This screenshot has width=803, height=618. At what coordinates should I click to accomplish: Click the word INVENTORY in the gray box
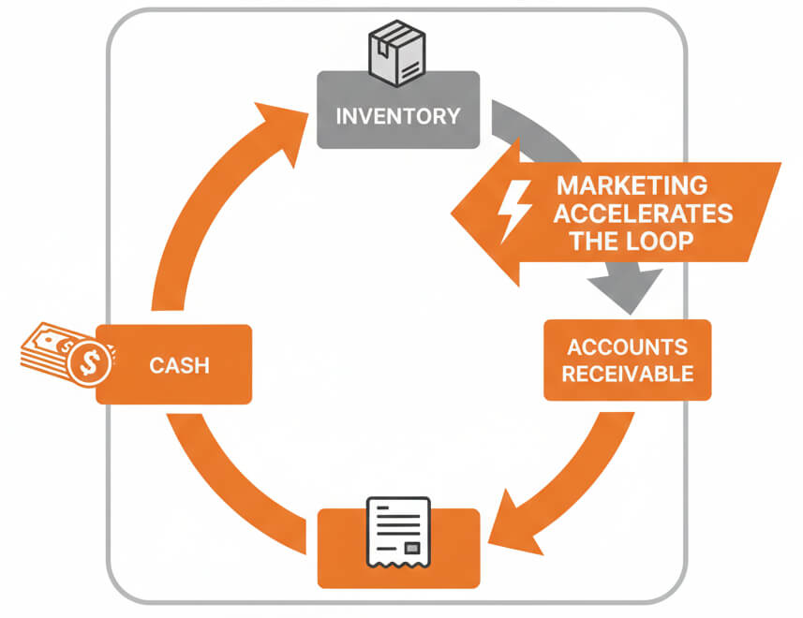[398, 117]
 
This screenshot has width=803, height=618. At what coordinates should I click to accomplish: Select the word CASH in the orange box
[179, 365]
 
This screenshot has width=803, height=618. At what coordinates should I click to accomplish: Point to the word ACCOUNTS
[629, 347]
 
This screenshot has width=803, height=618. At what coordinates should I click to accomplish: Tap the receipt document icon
[398, 529]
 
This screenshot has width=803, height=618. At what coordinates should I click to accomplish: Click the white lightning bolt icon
[516, 211]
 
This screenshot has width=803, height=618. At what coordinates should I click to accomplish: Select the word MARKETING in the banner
[632, 184]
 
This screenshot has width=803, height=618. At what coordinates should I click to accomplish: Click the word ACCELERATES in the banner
[643, 213]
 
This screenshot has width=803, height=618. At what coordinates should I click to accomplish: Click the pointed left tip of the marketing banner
[455, 213]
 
